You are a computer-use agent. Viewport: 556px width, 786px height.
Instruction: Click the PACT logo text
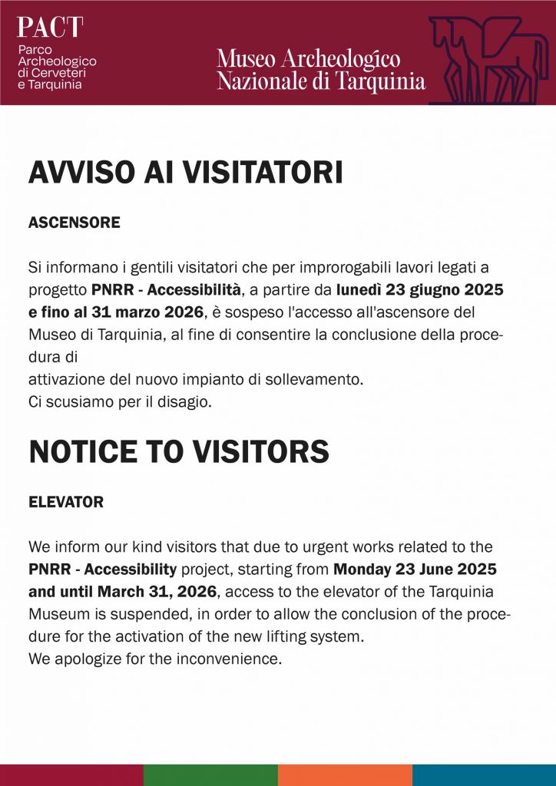[50, 28]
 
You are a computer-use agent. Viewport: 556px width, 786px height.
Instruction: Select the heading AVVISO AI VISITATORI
[185, 173]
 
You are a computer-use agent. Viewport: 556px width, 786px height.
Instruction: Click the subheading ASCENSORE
[74, 223]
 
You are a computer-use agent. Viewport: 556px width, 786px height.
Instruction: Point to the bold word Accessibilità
[195, 289]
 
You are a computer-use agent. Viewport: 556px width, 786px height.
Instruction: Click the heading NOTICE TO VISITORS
[179, 452]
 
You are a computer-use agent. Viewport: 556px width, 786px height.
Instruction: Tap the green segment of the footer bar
[210, 774]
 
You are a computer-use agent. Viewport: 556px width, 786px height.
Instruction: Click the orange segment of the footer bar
[345, 774]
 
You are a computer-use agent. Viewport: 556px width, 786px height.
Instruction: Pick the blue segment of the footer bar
[484, 774]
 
